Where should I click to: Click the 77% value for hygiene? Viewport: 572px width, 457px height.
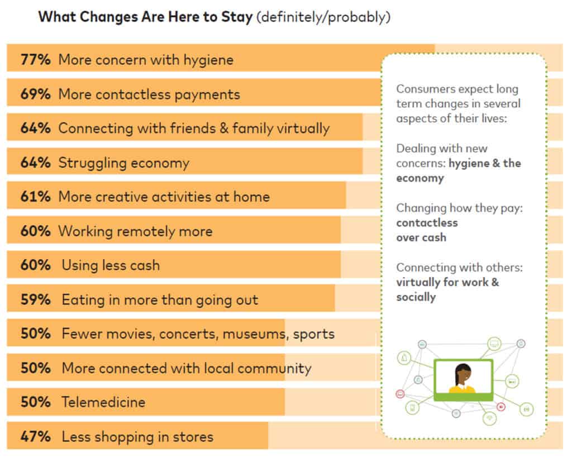click(x=35, y=59)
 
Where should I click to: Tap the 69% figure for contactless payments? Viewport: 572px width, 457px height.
click(x=35, y=94)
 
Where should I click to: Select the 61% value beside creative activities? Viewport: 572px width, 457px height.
click(x=35, y=197)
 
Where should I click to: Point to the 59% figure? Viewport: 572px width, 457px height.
click(x=35, y=299)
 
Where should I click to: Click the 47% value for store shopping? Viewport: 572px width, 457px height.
click(x=35, y=436)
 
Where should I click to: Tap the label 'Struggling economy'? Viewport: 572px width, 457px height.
click(x=123, y=163)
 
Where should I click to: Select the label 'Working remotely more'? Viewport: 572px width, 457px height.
click(x=135, y=231)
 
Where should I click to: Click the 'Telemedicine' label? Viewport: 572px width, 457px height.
click(x=103, y=402)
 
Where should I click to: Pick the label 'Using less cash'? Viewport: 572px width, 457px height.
click(x=111, y=265)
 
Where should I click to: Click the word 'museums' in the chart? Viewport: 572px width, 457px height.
click(x=254, y=334)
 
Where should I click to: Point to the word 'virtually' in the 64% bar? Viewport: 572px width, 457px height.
click(x=303, y=128)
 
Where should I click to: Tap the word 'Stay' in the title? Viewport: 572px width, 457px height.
click(x=237, y=17)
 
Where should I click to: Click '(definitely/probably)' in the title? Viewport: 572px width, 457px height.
click(x=323, y=17)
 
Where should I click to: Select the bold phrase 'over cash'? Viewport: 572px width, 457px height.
click(x=421, y=237)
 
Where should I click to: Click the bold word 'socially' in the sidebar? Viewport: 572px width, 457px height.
click(x=416, y=297)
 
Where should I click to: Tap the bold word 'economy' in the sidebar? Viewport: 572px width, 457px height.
click(x=420, y=178)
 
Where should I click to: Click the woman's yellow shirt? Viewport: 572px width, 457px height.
click(x=462, y=389)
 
